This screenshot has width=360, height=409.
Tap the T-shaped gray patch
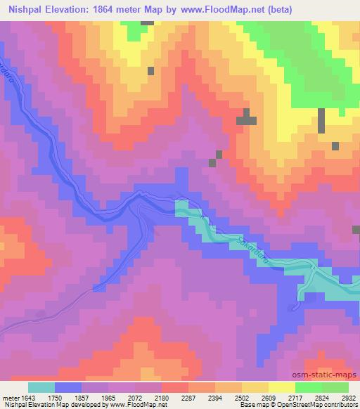tap(246, 118)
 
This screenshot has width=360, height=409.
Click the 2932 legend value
tap(348, 396)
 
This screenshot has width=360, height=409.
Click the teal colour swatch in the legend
tap(41, 387)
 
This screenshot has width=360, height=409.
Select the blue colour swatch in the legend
tap(68, 387)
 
